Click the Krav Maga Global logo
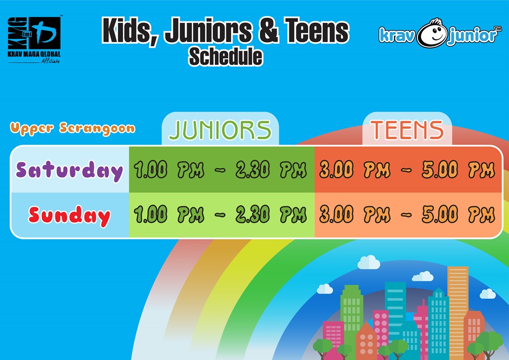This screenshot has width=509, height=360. (34, 40)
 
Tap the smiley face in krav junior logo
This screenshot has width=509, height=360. (432, 33)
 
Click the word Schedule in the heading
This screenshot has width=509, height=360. (225, 57)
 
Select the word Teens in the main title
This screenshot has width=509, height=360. (316, 30)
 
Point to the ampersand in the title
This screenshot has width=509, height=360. (268, 31)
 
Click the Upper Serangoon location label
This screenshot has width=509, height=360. (73, 129)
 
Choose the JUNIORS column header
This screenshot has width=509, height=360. (220, 130)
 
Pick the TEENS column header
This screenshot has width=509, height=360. (407, 130)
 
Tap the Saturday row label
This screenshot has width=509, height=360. (70, 171)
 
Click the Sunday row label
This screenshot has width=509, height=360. (70, 215)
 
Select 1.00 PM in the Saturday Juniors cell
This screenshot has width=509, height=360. (169, 170)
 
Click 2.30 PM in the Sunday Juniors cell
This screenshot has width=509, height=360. (271, 214)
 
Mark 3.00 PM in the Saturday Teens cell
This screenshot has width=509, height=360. (355, 170)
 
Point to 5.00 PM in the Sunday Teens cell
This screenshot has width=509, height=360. (458, 214)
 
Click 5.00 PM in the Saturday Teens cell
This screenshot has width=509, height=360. (458, 170)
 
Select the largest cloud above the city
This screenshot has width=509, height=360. (369, 263)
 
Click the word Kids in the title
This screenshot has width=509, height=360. (129, 31)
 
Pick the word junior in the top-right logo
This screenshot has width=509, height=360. (472, 35)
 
